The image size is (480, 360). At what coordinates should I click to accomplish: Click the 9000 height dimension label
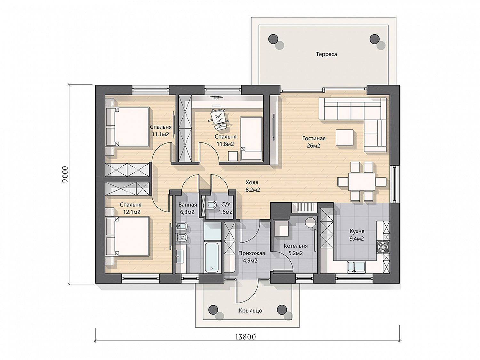65,174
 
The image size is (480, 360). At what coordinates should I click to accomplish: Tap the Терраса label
326,54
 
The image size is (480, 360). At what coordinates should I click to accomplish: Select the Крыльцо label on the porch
250,311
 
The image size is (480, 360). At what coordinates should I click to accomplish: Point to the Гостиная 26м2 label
314,142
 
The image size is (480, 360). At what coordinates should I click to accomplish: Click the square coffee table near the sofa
345,138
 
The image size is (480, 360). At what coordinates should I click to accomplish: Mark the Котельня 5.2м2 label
295,249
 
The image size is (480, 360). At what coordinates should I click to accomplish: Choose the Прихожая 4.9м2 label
252,257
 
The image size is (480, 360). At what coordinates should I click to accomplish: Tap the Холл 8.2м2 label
252,186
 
